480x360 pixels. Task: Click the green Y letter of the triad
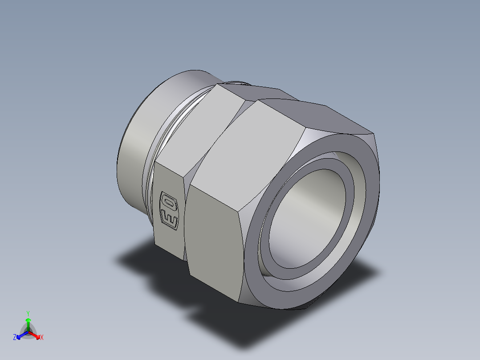[x=28, y=313]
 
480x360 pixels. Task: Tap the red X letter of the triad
[x=42, y=338]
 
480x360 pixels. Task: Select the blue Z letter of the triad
[x=15, y=338]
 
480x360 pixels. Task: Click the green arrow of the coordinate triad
[x=28, y=323]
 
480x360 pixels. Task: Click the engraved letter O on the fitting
[x=168, y=202]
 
